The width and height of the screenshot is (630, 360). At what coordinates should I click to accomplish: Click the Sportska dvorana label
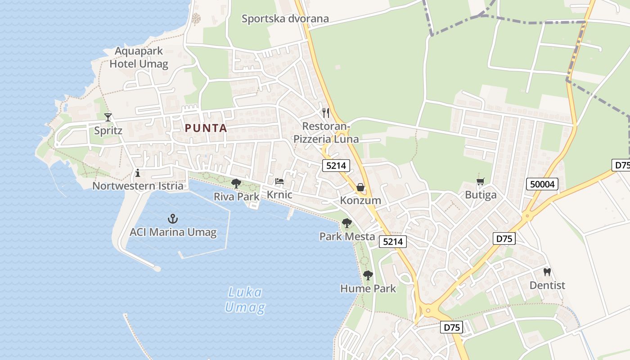coord(285,19)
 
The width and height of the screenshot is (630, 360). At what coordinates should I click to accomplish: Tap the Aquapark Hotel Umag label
coord(139,58)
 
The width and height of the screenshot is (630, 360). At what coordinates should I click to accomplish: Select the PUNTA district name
coord(206,128)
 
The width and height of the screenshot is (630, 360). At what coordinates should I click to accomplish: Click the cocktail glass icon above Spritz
coord(108,117)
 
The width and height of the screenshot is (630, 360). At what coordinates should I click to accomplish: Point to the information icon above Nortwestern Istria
coord(138,173)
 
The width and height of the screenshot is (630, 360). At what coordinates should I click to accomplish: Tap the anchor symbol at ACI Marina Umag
coord(173,219)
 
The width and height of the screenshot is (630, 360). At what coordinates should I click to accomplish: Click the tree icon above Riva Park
coord(236,183)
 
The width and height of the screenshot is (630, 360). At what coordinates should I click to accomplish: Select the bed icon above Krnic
coord(279,182)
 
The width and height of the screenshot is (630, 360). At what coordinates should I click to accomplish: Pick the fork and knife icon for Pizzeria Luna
coord(326,112)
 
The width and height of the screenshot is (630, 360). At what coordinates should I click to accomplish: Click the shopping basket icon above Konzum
coord(360,187)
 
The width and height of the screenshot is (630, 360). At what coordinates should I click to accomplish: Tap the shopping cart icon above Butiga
coord(481,182)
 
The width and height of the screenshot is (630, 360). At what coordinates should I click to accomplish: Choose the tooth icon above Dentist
coord(547,272)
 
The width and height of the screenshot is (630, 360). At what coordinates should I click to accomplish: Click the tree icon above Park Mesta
coord(346,223)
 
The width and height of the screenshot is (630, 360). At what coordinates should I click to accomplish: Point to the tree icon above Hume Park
coord(368,275)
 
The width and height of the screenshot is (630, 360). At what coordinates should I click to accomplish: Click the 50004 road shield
coord(542,184)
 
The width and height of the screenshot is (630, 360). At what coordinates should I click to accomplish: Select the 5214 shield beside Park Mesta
coord(393,242)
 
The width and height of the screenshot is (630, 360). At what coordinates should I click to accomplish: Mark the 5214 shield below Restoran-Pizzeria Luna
coord(336,166)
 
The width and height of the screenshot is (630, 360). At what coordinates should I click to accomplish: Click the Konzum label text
coord(360,200)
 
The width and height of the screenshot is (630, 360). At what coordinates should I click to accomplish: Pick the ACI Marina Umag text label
coord(173,233)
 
